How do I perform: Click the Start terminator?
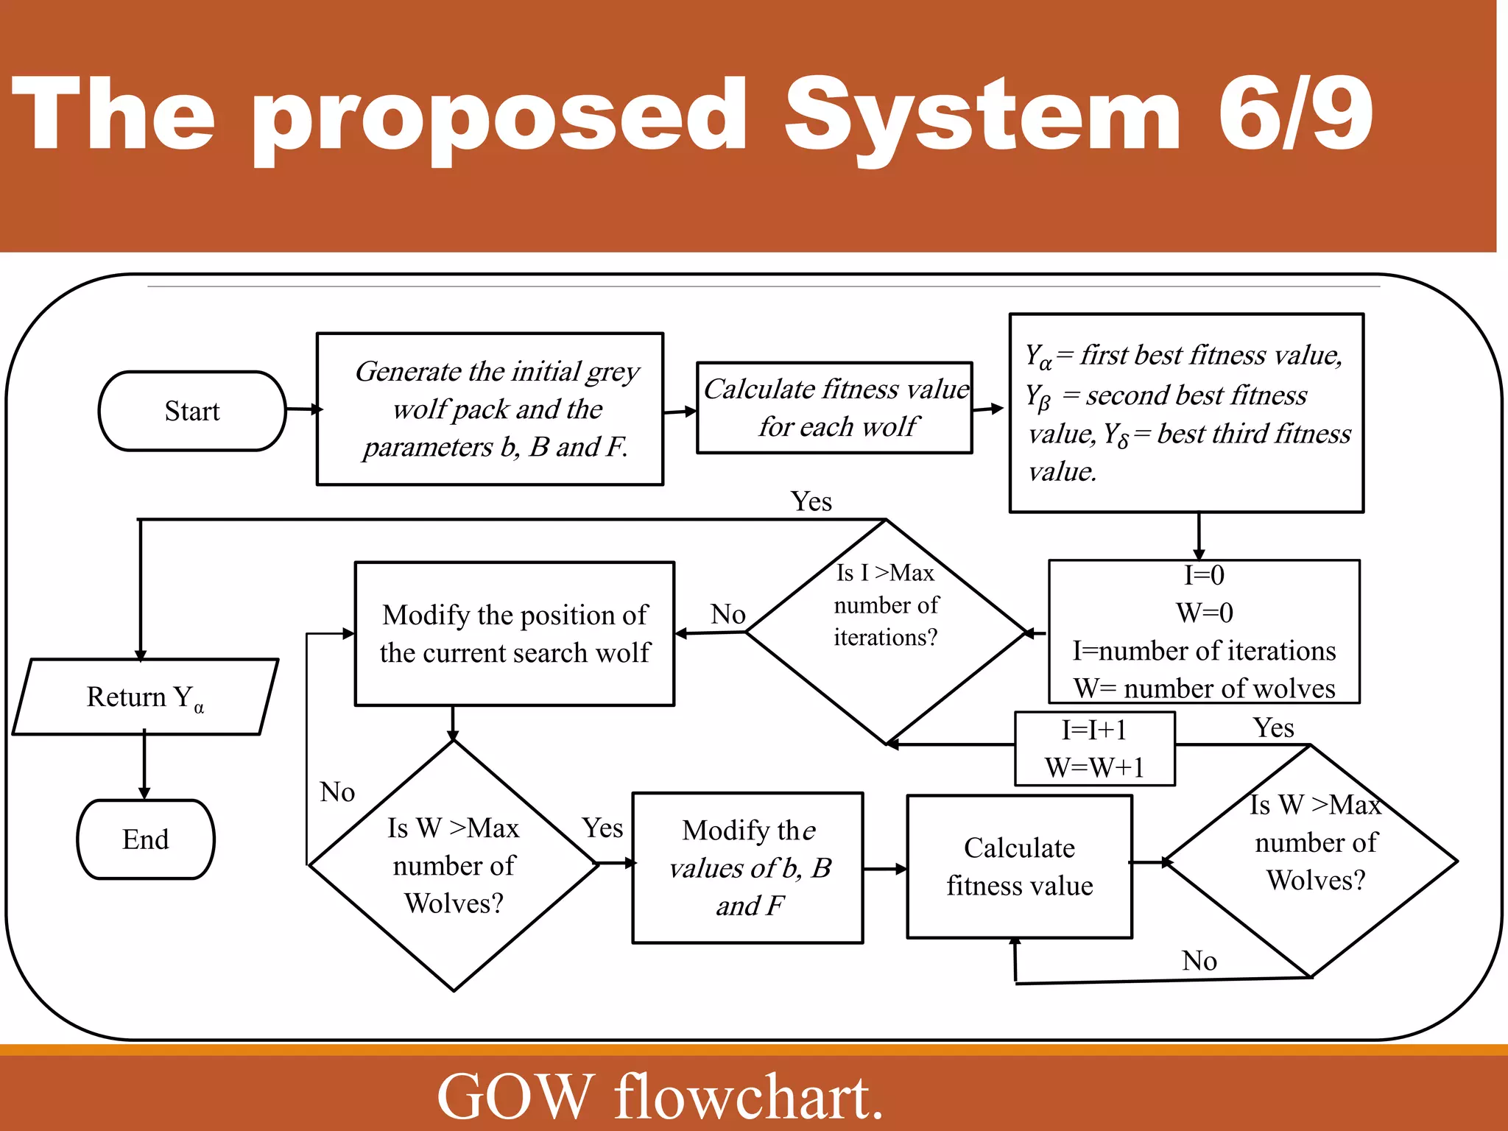(192, 411)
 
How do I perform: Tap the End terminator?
(146, 839)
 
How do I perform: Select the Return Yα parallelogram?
(145, 697)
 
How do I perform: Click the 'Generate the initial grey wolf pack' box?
(490, 409)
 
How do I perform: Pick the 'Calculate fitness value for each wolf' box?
(835, 408)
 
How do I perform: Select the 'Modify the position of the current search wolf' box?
(515, 634)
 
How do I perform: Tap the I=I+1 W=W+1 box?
(1094, 749)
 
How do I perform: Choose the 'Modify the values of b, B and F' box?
(748, 868)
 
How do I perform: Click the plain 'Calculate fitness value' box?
(1019, 867)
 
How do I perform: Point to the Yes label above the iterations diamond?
(811, 501)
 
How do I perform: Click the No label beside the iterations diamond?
(728, 614)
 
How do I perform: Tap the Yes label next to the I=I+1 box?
(1274, 728)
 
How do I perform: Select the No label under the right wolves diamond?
(1199, 961)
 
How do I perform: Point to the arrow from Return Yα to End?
(144, 766)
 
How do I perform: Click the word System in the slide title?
(982, 116)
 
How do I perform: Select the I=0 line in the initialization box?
(1204, 575)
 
